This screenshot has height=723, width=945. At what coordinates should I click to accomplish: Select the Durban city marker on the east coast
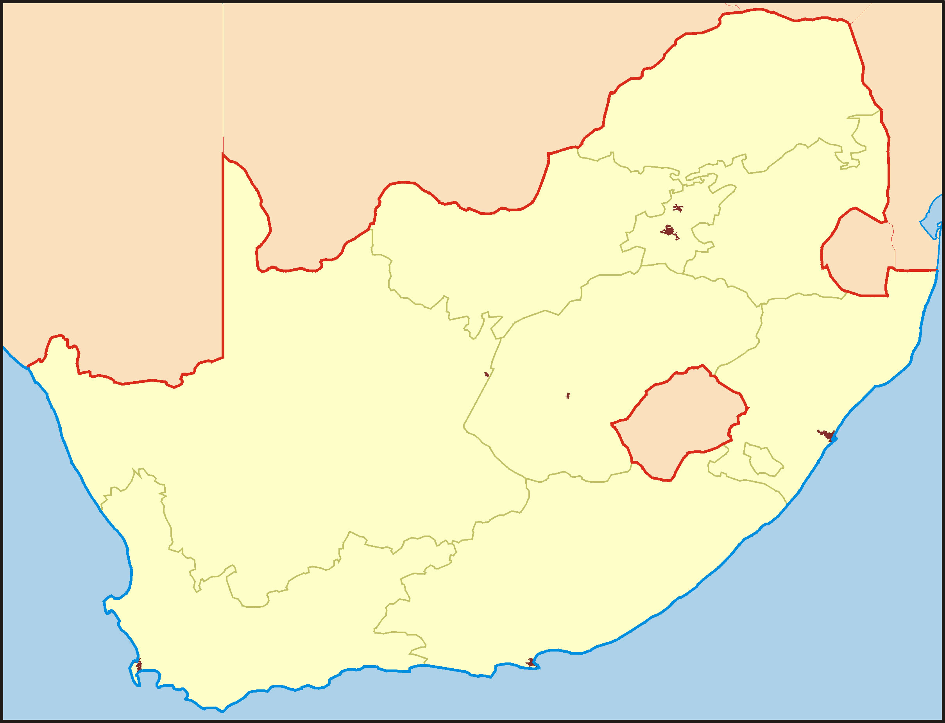point(827,436)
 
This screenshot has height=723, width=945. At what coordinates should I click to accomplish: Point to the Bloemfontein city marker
point(568,396)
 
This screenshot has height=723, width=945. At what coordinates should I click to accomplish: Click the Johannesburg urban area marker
point(669,232)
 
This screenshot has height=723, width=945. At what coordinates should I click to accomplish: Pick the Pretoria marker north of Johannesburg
point(678,208)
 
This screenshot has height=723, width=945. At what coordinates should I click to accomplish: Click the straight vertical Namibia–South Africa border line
point(223,258)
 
